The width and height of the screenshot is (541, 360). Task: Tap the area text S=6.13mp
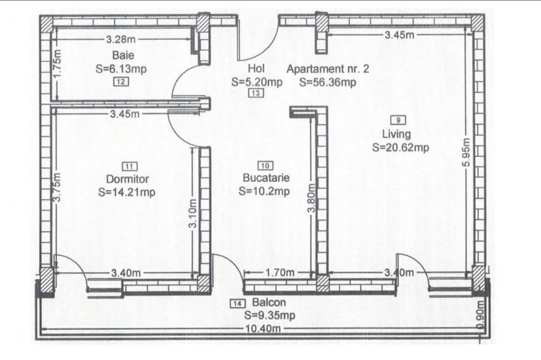[121, 69]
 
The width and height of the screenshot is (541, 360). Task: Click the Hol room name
[257, 69]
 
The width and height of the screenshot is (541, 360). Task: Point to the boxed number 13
[257, 93]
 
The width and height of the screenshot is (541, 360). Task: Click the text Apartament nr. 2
[328, 69]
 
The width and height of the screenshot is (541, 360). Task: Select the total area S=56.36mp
[328, 83]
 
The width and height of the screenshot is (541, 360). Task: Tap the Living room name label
[397, 134]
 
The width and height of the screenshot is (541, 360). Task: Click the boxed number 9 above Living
[399, 119]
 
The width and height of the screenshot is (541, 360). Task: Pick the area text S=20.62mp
[400, 147]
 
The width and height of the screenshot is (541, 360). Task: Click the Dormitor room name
[128, 179]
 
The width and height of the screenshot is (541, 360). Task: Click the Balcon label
[269, 302]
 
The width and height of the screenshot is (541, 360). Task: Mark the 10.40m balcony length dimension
[262, 328]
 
